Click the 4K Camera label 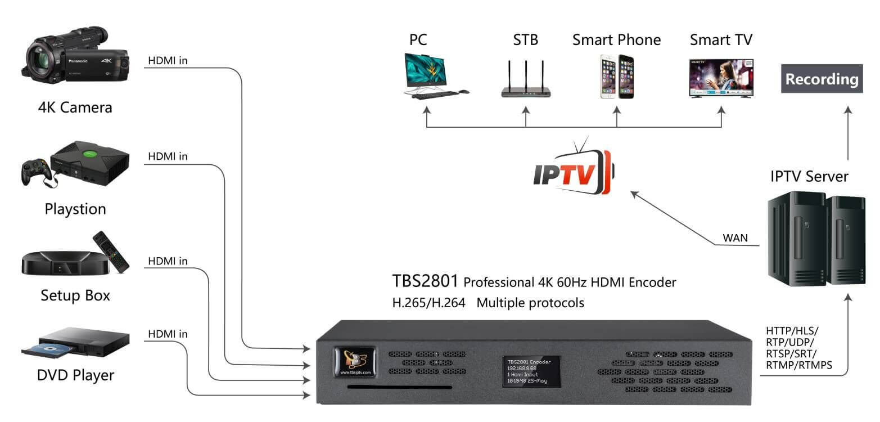coord(75,107)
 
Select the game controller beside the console coord(34,172)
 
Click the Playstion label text coord(75,209)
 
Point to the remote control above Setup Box coord(111,250)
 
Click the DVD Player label coord(75,375)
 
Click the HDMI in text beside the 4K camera coord(168,60)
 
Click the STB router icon coord(526,79)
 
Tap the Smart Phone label coord(616,40)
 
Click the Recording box coord(822,79)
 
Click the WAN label coord(735,238)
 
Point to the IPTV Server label coord(809,177)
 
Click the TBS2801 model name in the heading coord(425,281)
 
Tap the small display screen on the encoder coord(528,371)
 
